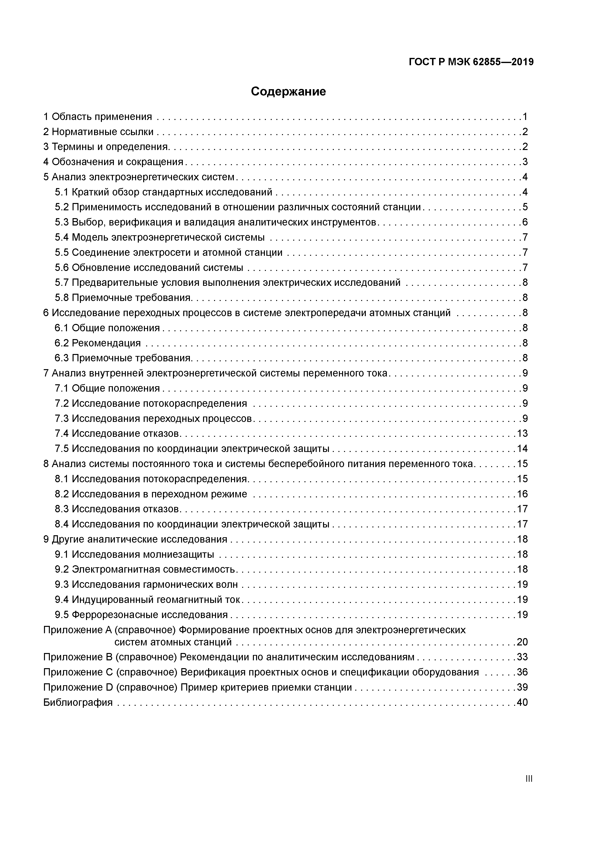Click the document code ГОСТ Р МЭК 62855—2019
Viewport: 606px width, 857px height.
[471, 62]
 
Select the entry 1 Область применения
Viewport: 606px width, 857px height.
[98, 117]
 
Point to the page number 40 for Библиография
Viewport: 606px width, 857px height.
[522, 702]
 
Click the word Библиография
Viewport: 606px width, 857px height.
[78, 702]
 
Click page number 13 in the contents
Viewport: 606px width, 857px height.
[522, 433]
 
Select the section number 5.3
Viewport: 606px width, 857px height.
[62, 222]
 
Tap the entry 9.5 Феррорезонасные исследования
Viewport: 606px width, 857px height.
[141, 615]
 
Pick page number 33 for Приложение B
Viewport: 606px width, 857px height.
[522, 657]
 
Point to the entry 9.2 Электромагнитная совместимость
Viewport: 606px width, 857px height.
[145, 569]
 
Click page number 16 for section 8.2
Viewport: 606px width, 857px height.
[522, 494]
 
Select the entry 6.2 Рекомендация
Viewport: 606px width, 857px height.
[98, 343]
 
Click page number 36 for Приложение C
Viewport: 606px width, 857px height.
[522, 672]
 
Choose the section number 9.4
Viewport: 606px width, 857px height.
[62, 600]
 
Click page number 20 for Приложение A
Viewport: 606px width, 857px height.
[522, 642]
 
